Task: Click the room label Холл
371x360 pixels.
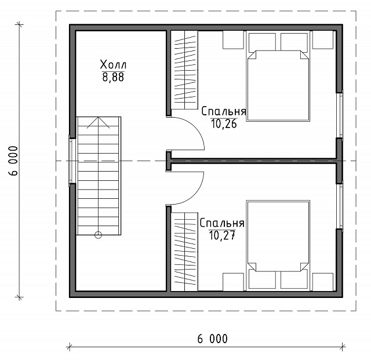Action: point(113,64)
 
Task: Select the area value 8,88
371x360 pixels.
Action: point(113,77)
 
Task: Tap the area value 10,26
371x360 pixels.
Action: point(224,123)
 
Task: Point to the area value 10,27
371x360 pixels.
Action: point(222,235)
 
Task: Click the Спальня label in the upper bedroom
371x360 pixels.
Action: point(224,111)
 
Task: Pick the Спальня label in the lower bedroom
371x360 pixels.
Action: point(222,223)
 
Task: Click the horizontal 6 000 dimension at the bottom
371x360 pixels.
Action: point(213,339)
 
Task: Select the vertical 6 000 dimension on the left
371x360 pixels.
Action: point(13,161)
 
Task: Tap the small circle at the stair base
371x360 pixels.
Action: point(98,235)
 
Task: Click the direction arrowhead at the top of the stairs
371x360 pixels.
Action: point(98,122)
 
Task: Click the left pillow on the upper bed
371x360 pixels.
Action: point(262,42)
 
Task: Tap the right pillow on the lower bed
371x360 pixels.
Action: point(294,280)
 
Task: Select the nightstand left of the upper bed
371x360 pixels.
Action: point(233,40)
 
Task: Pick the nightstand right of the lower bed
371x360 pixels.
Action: point(323,282)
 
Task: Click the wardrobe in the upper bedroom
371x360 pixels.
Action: point(184,70)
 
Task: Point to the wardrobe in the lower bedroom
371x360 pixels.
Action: point(184,252)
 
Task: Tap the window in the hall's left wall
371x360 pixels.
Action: point(72,161)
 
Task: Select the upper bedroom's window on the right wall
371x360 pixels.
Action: point(340,115)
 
